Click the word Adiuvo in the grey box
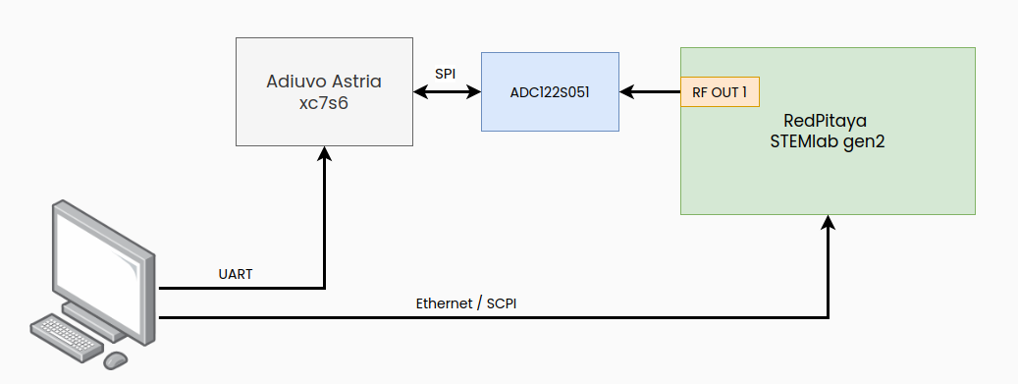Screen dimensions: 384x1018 [x=294, y=82]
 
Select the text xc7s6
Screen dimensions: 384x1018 [x=324, y=103]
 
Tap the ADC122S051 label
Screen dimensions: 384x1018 [x=550, y=92]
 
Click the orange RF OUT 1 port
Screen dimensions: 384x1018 [x=720, y=92]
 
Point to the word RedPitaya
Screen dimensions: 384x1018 [x=828, y=121]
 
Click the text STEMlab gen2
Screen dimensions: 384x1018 [x=828, y=141]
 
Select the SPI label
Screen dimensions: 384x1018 [x=446, y=75]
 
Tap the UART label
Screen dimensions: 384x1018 [x=236, y=274]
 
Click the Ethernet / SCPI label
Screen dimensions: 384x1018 [x=466, y=303]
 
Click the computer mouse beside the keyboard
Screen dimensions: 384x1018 [x=115, y=359]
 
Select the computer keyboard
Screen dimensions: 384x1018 [x=66, y=337]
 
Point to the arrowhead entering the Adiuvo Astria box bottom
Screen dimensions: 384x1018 [x=324, y=154]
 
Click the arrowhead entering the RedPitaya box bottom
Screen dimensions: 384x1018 [x=829, y=223]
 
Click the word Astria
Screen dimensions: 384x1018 [x=357, y=82]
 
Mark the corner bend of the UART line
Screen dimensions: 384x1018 [x=324, y=289]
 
